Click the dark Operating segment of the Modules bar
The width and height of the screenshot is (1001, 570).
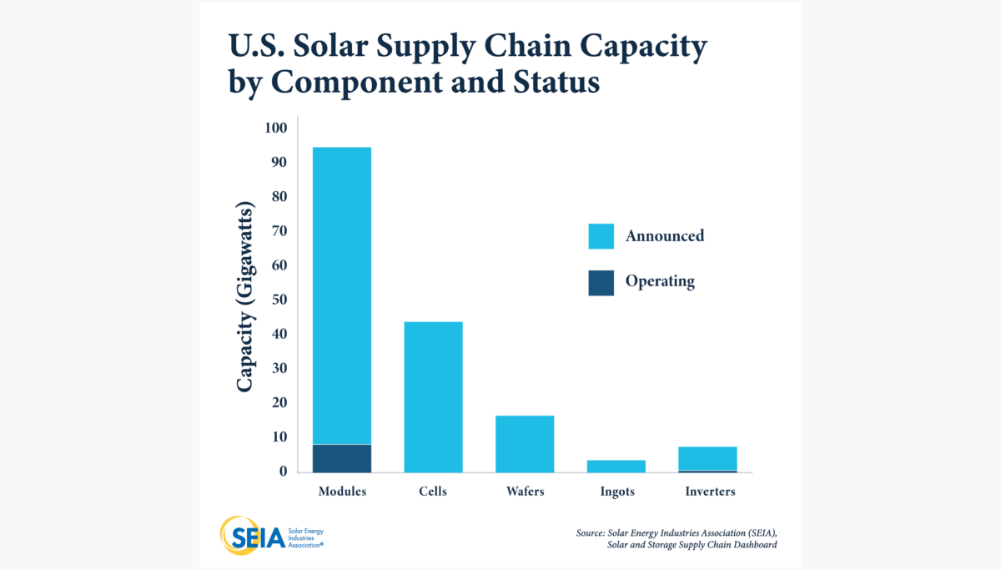tap(342, 457)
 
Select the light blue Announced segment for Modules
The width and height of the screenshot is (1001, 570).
tap(342, 292)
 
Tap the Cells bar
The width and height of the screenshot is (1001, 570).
tap(433, 396)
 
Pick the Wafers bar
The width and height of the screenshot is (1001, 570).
tap(525, 443)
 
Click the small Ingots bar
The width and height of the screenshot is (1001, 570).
tap(616, 466)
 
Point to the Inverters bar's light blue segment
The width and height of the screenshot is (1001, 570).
tap(707, 458)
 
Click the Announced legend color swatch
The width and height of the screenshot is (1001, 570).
tap(601, 236)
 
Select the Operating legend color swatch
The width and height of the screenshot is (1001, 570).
tap(601, 282)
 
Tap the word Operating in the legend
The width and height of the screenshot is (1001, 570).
tap(660, 282)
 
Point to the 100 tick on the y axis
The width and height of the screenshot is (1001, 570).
tap(276, 128)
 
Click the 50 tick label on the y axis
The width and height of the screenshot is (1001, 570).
tap(279, 300)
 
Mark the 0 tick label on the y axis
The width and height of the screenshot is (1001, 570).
tap(283, 472)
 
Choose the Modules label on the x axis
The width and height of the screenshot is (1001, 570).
tap(342, 492)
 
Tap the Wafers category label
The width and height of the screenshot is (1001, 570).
tap(525, 492)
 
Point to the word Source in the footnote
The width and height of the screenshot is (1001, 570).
tap(591, 532)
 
